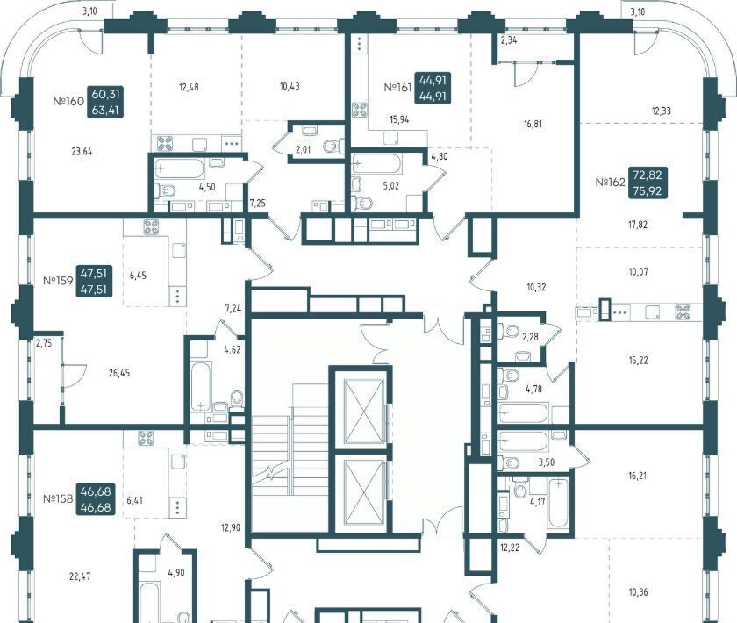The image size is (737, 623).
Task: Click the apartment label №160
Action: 68,101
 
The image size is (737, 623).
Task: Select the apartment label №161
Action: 397,88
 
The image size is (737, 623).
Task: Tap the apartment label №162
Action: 610,182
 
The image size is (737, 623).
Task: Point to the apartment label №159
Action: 58,281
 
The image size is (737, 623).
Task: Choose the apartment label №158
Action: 58,498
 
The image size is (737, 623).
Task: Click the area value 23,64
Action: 82,152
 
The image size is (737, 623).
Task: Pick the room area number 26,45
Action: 119,373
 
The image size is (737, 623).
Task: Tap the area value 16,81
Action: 533,124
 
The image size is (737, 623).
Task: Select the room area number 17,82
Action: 638,225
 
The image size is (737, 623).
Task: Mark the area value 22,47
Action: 80,576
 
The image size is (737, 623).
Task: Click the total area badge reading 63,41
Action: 105,111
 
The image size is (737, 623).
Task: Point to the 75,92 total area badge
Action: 648,191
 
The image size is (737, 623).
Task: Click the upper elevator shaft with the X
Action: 361,411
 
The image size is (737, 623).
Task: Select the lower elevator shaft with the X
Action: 361,491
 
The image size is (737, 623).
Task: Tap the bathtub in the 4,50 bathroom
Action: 179,168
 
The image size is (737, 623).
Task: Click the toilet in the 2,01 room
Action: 333,146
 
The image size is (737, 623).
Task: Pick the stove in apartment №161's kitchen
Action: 360,110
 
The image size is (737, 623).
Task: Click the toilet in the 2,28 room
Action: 507,330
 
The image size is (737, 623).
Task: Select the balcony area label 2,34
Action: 509,40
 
